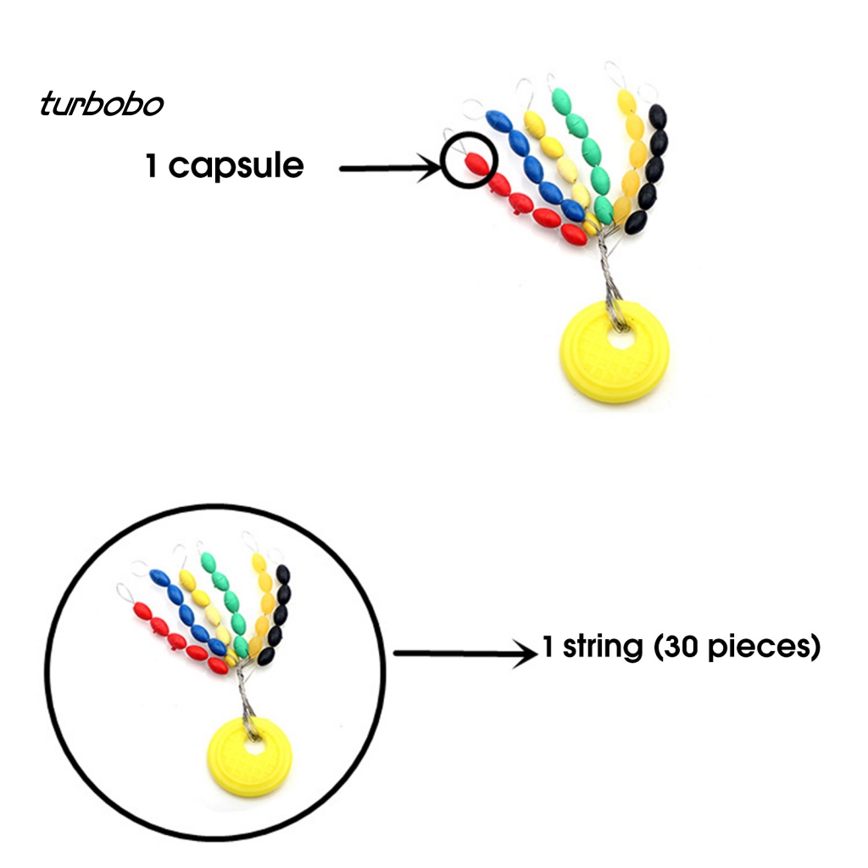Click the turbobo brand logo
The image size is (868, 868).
101,104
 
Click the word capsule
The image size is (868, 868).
236,165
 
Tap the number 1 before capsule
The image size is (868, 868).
152,165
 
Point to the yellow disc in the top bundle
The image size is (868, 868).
615,356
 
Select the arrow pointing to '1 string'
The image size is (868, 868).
465,653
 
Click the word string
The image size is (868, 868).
603,648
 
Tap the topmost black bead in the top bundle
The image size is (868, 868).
657,115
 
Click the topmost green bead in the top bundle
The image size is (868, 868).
560,100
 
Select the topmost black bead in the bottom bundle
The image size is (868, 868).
283,574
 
